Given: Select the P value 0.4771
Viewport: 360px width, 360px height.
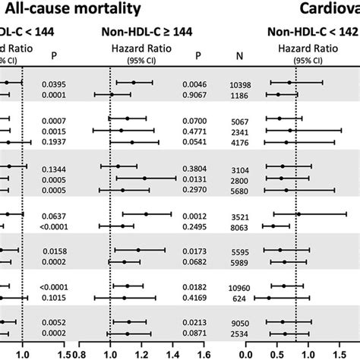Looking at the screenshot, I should (x=198, y=130).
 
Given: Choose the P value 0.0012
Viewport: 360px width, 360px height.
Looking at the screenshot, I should (x=198, y=214).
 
